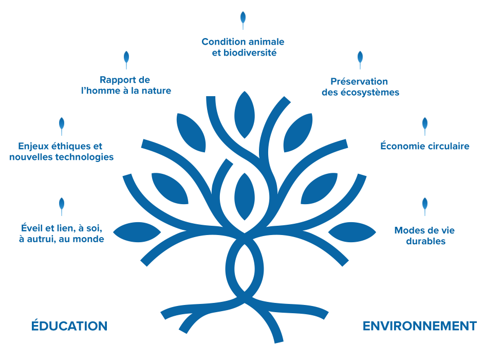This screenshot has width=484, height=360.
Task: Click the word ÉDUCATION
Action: tap(69, 326)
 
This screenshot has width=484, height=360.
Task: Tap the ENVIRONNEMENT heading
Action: tap(419, 326)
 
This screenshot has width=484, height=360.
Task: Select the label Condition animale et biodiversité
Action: tap(243, 47)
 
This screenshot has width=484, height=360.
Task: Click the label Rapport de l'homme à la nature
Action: tap(126, 85)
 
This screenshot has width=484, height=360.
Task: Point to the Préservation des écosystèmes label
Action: tap(360, 87)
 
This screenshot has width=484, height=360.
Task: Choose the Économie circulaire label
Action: tap(425, 146)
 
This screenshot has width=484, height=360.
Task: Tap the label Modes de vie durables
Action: tap(425, 236)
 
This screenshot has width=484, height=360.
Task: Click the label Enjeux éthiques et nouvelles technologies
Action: tap(62, 151)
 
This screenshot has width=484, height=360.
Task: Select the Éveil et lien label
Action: tap(62, 233)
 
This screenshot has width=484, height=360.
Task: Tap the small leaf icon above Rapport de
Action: tap(126, 59)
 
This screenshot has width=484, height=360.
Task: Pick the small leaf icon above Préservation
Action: tap(360, 59)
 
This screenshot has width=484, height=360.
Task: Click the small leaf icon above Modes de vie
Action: tap(425, 206)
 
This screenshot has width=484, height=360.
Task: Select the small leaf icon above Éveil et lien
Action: tap(62, 206)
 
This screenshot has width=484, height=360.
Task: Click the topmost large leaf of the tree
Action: tap(245, 115)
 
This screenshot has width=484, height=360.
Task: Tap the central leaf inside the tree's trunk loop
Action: tap(245, 196)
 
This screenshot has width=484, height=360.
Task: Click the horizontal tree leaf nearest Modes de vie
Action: tap(352, 232)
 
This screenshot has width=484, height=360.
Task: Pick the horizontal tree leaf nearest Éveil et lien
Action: tap(137, 232)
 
